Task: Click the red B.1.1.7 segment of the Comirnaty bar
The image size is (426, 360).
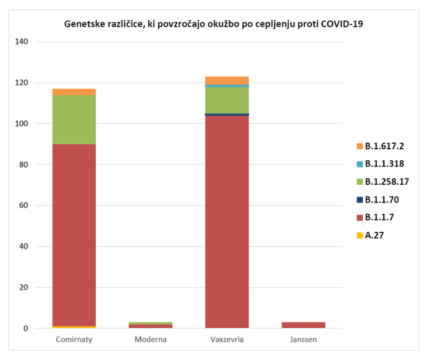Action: tap(74, 235)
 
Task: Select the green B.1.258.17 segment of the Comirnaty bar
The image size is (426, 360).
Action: tap(74, 120)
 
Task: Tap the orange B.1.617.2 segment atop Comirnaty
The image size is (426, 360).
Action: tap(74, 92)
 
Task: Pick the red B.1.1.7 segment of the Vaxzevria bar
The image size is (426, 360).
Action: tap(227, 221)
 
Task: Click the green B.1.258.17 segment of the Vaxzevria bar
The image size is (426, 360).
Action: tap(227, 100)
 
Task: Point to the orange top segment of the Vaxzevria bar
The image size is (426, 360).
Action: tap(227, 80)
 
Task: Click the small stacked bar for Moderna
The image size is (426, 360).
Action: tap(150, 325)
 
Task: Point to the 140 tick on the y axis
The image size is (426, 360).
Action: tap(22, 42)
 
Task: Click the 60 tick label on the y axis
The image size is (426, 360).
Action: tap(24, 206)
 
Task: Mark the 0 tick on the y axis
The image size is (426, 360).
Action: tap(26, 329)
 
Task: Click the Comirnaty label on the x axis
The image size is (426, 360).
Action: tap(74, 340)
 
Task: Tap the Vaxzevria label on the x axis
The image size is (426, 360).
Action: tap(227, 340)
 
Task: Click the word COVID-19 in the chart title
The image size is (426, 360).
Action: tap(341, 24)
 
